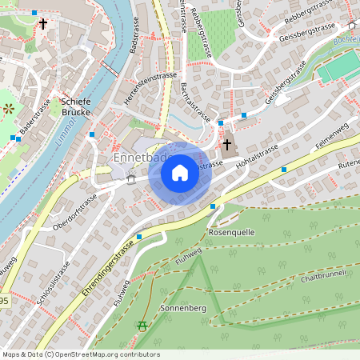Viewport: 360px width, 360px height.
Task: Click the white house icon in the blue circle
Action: [x=180, y=173]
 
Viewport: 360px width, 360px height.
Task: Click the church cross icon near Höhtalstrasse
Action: [x=227, y=145]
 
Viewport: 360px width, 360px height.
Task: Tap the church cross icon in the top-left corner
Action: [x=42, y=24]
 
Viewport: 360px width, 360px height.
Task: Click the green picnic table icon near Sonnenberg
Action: [x=142, y=326]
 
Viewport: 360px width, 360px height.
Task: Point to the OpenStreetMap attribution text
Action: [x=80, y=354]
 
